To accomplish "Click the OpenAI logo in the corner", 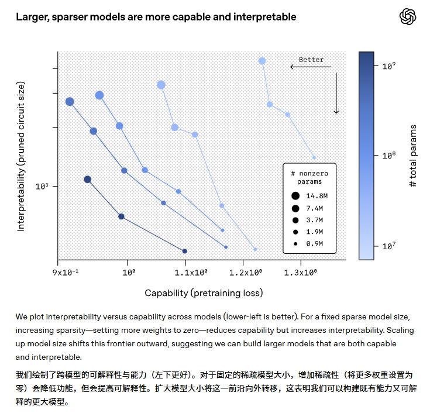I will click(x=408, y=17).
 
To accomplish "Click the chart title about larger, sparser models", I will click(x=156, y=17).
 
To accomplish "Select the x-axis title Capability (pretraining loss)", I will click(x=204, y=292).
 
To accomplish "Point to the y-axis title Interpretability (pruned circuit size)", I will click(x=21, y=156).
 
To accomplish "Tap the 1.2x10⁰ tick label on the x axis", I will click(x=245, y=273).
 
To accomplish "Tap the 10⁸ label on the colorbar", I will click(x=389, y=156).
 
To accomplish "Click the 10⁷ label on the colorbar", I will click(x=389, y=246).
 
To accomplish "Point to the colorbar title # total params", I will click(x=413, y=156).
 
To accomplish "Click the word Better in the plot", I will click(x=311, y=60).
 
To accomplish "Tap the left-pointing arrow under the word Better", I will click(x=310, y=67).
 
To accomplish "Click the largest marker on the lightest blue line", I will click(x=262, y=61).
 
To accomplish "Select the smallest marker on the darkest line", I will click(x=185, y=251).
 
